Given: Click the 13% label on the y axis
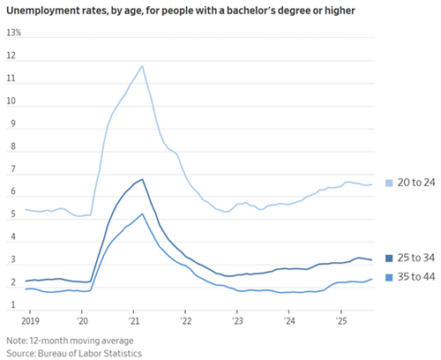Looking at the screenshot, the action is (14, 33).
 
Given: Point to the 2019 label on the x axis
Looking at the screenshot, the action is (30, 320).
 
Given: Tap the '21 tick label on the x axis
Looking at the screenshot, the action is (133, 320).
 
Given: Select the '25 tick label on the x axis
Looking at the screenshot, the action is (341, 320).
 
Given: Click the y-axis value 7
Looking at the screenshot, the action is (13, 169).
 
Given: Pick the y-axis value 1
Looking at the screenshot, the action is (13, 305).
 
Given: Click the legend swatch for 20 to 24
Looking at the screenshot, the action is (389, 183).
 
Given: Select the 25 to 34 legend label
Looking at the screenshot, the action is (416, 258).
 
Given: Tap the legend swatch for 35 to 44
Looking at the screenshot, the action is (389, 277).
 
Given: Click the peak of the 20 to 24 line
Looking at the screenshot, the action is (142, 66).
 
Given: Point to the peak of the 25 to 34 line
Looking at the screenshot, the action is (142, 179).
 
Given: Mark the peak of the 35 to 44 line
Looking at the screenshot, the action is (142, 214).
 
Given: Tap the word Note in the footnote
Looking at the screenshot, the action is (17, 341).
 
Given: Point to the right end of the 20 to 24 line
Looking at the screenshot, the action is (372, 184).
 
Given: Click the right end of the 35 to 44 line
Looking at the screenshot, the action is (372, 279).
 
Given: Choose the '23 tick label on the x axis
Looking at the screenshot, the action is (237, 320).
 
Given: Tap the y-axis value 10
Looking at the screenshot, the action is (11, 101).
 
